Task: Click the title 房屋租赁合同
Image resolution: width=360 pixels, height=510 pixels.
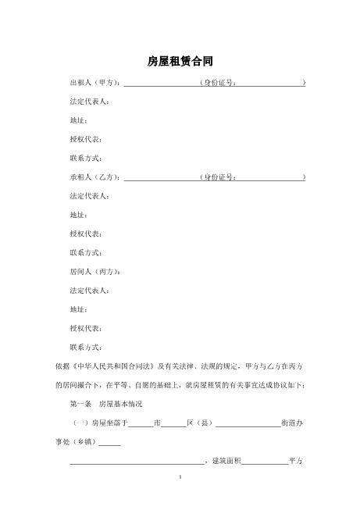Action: [x=180, y=60]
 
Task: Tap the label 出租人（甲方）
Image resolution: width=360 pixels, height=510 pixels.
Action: [x=94, y=82]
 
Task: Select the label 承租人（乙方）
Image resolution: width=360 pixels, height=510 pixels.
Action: [x=94, y=177]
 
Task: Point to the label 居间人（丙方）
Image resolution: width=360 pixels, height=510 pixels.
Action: [x=94, y=272]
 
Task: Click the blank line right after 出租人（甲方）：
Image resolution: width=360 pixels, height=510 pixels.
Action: [x=160, y=83]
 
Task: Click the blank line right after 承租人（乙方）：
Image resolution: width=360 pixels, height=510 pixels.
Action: [x=160, y=178]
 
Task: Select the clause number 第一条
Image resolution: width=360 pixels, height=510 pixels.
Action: [x=81, y=404]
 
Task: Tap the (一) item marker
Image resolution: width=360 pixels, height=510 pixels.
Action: [x=80, y=423]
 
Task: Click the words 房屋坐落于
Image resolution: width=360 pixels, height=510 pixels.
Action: [x=109, y=423]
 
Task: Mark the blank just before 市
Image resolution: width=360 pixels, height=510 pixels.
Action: [x=141, y=424]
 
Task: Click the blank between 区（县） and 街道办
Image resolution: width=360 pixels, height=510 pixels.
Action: [x=248, y=424]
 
